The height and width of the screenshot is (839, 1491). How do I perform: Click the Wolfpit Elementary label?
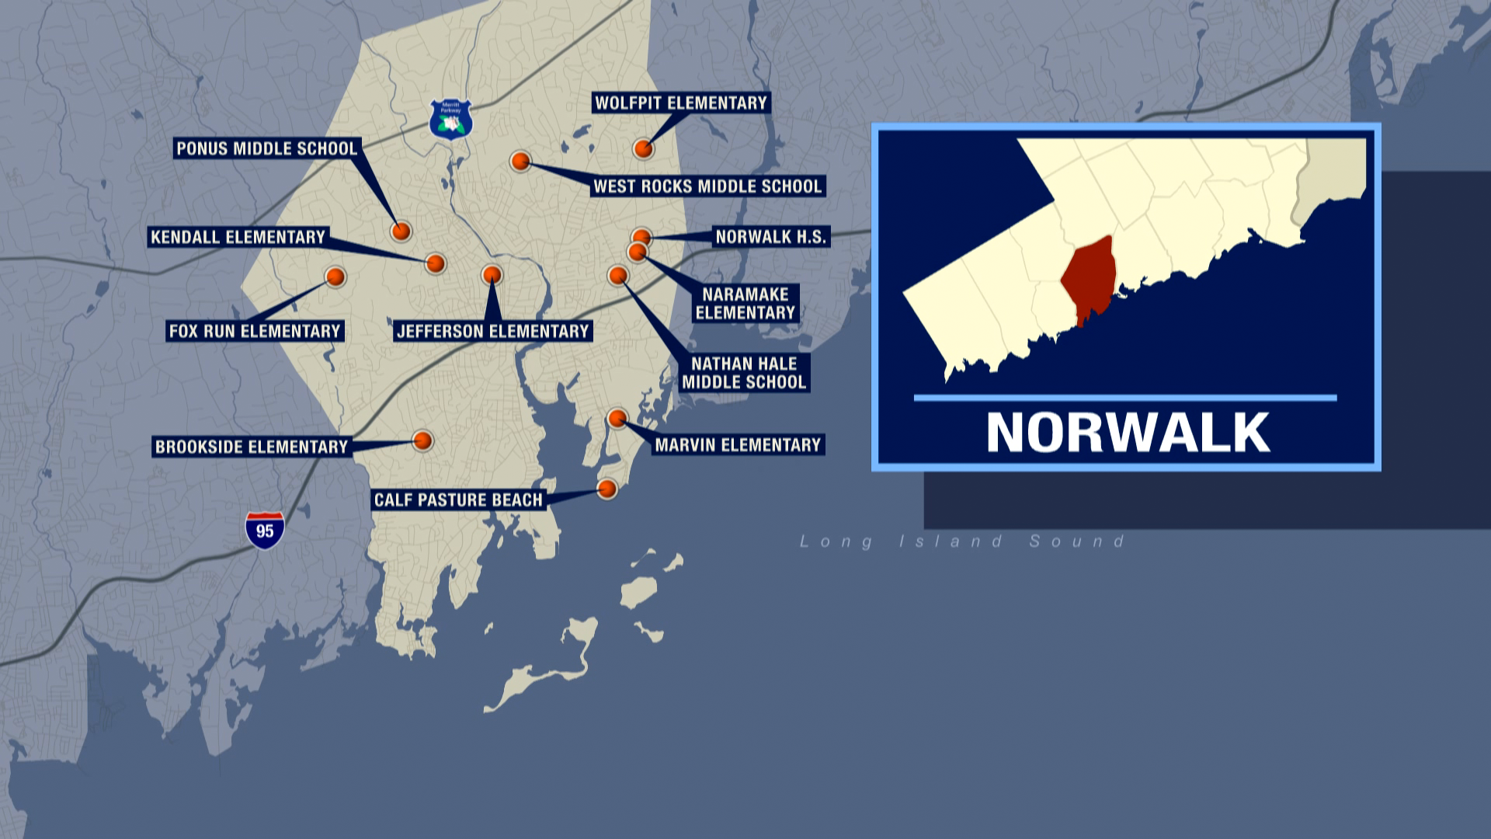point(681,103)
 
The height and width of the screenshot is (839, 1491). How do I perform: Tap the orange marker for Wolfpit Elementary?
point(643,148)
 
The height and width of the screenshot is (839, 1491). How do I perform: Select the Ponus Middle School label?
point(266,148)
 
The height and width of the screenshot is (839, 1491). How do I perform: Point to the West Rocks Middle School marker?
point(520,162)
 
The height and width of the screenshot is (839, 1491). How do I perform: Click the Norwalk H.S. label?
point(771,237)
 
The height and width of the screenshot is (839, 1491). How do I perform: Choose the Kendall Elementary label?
point(238,237)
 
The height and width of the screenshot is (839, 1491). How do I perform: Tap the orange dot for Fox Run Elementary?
point(335,277)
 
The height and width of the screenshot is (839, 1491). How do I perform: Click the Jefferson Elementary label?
point(493,332)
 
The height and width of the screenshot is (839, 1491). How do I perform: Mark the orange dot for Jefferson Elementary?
point(492,274)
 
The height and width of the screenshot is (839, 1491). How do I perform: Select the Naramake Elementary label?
point(745,304)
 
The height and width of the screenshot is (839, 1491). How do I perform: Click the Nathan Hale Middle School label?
point(744,373)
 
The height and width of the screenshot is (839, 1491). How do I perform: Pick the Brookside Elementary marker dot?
point(422,440)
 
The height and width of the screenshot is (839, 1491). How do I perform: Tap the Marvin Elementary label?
point(738,445)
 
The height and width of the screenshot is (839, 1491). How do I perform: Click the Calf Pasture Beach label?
point(458,500)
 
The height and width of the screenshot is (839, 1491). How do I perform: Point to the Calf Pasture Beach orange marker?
point(606,489)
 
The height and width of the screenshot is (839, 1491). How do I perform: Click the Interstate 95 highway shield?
point(265,531)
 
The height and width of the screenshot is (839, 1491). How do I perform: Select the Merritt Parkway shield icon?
point(451,119)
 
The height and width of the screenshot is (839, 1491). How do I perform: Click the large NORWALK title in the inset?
point(1128,433)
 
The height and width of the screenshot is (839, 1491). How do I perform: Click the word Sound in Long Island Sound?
point(1077,541)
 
